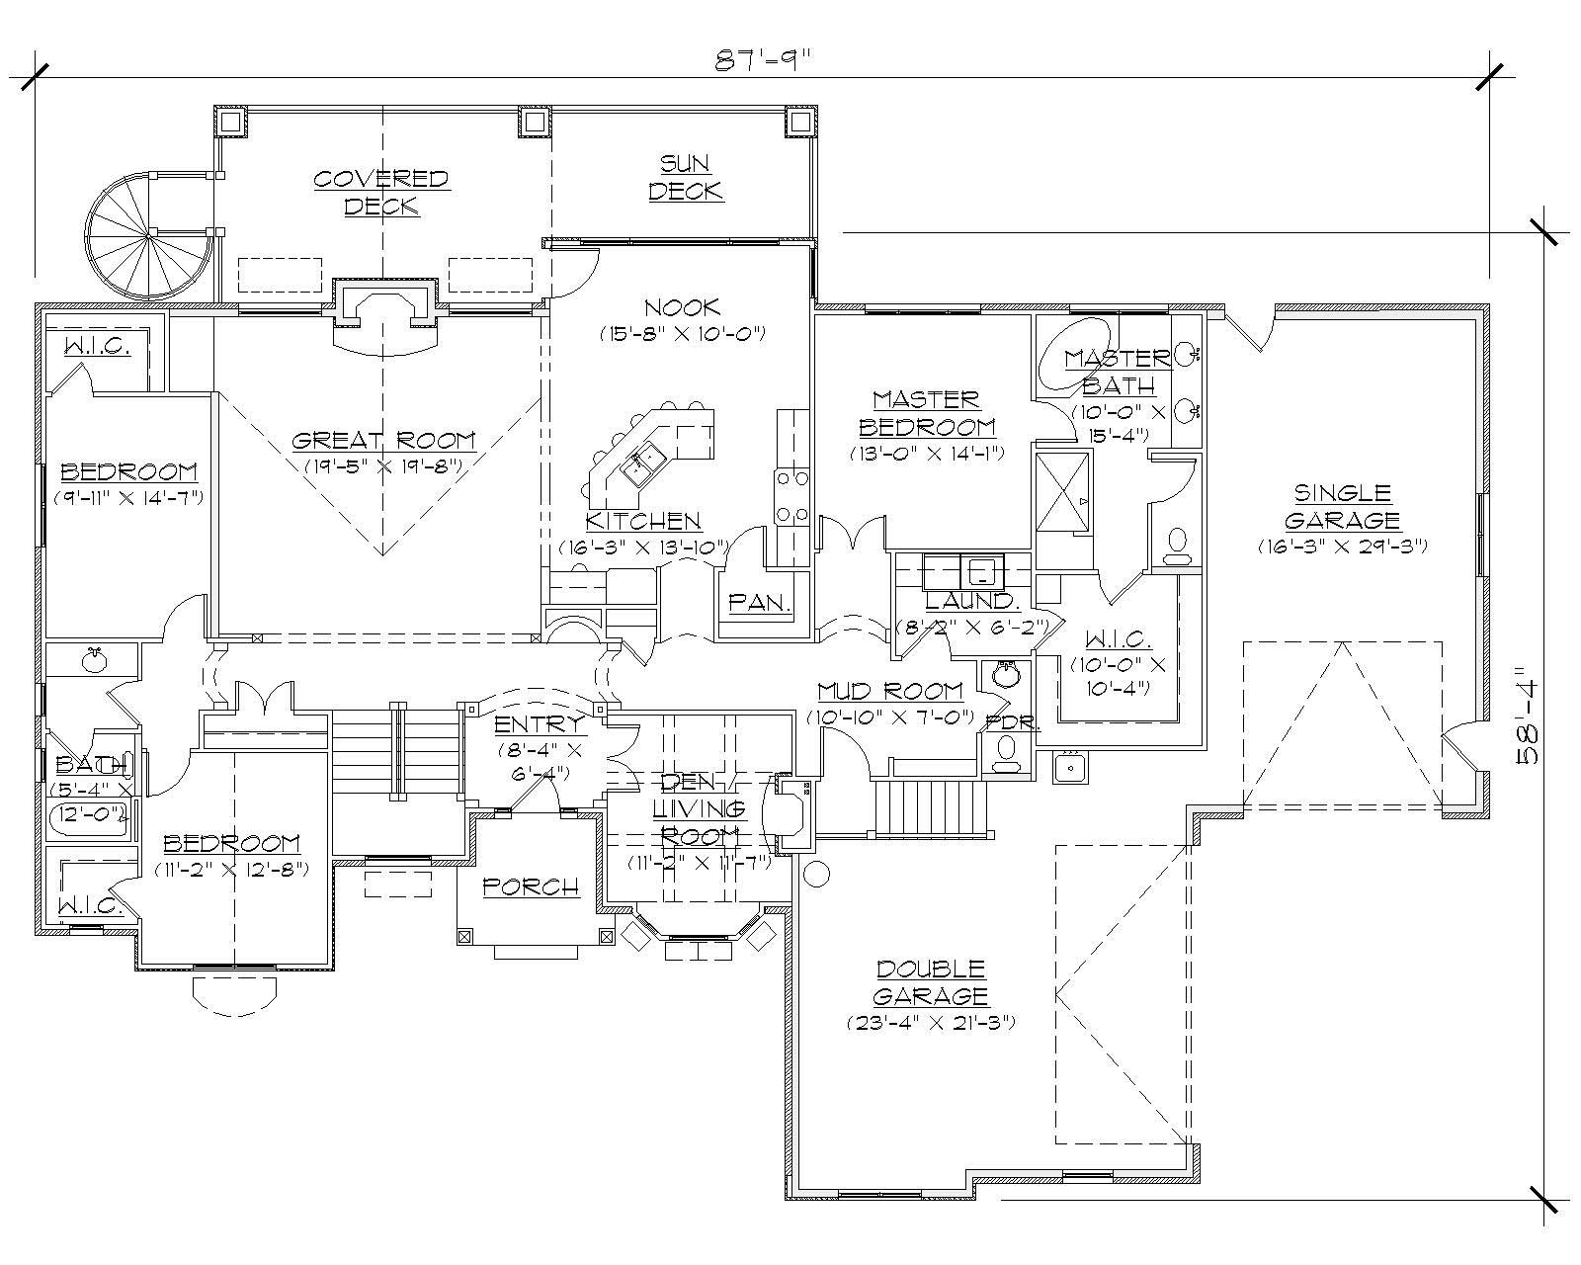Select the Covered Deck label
tap(381, 192)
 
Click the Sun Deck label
tap(686, 177)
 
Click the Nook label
tap(682, 307)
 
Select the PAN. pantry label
tap(760, 601)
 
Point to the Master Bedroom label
tap(926, 413)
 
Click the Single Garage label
tap(1342, 506)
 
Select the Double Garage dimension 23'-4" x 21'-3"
tap(931, 1023)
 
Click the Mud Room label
tap(890, 691)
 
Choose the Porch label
tap(531, 886)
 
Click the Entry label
tap(539, 724)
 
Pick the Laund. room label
tap(969, 601)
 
